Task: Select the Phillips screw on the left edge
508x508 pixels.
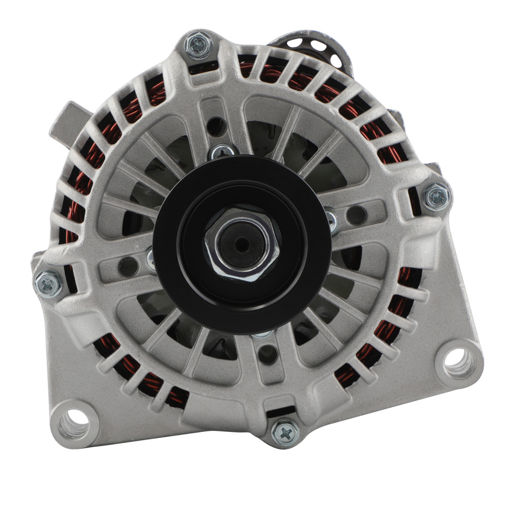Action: pyautogui.click(x=48, y=282)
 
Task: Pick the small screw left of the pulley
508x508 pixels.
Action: pyautogui.click(x=151, y=259)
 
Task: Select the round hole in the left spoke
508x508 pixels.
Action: pyautogui.click(x=127, y=264)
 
